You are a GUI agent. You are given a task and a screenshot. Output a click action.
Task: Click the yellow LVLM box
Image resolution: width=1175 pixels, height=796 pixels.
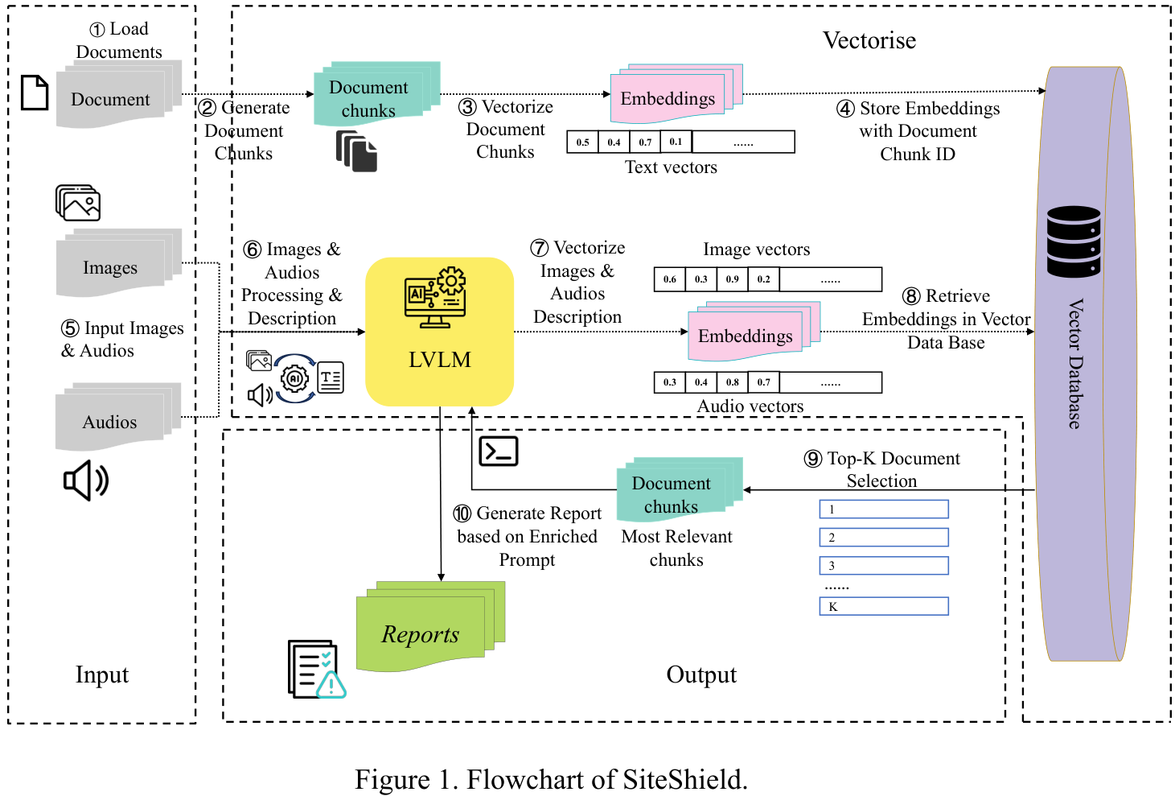click(439, 331)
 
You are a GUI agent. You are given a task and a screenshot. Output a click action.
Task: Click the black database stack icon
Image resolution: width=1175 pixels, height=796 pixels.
click(1074, 241)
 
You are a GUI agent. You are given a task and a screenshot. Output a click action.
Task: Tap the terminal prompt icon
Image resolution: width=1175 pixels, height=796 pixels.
click(499, 452)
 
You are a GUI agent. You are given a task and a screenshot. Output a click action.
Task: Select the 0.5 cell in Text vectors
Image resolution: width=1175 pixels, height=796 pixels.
click(582, 142)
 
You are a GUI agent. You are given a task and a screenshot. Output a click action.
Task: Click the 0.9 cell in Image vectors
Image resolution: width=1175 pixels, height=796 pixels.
click(732, 279)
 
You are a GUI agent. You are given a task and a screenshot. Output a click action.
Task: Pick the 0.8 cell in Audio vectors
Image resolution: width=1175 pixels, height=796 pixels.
click(732, 382)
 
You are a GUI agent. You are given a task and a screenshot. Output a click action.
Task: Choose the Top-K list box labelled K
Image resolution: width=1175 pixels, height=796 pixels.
click(883, 606)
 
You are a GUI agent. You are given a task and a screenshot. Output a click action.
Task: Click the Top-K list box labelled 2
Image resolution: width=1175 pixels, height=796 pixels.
click(883, 537)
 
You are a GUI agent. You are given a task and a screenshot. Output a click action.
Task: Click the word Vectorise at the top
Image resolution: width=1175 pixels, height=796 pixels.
click(869, 40)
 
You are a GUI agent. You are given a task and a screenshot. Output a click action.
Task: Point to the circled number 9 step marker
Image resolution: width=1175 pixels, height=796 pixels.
click(813, 459)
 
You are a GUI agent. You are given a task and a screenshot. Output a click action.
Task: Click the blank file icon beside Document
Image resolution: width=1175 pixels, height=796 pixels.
click(35, 93)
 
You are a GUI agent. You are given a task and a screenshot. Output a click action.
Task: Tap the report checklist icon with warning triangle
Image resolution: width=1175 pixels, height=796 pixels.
click(316, 670)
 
